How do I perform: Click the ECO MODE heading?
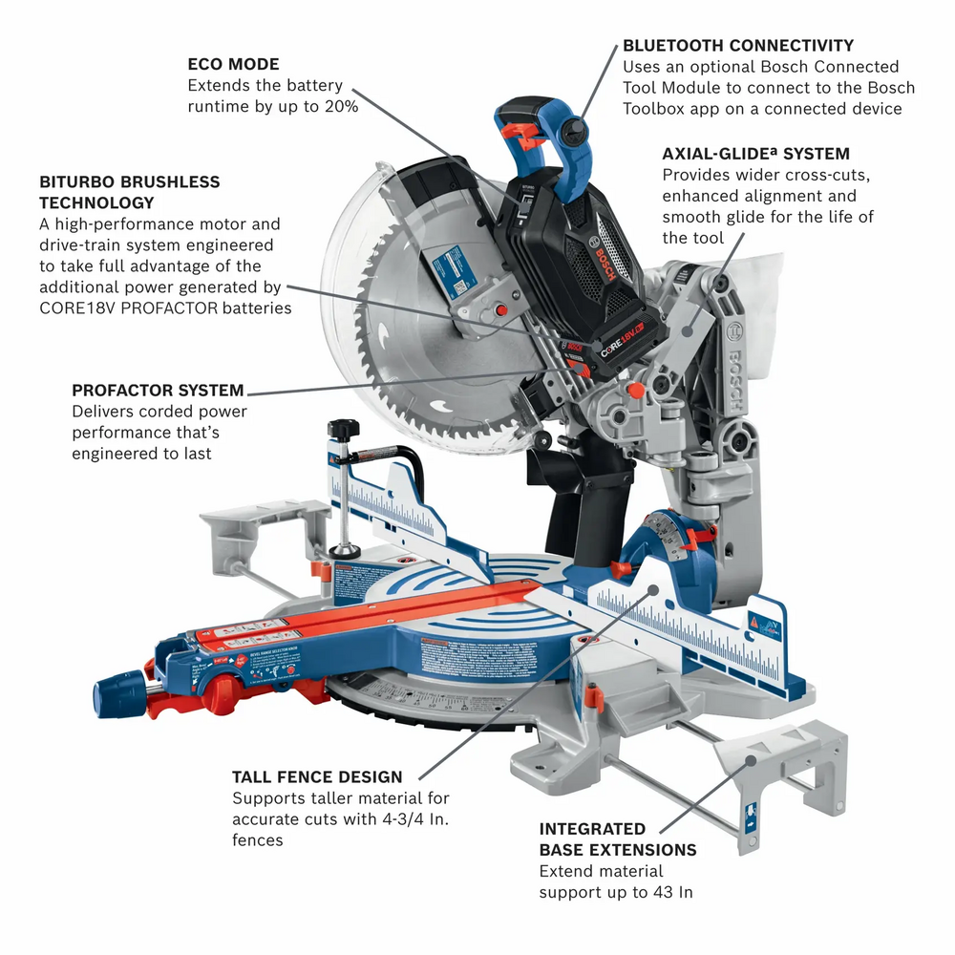233,65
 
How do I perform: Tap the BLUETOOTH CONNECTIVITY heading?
738,45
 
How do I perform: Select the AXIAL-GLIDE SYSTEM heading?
755,154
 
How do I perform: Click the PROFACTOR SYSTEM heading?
158,391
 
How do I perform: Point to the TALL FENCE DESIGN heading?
317,776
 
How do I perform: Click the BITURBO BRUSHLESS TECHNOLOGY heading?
129,192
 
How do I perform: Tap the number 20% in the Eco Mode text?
340,107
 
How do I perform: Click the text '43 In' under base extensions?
672,892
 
